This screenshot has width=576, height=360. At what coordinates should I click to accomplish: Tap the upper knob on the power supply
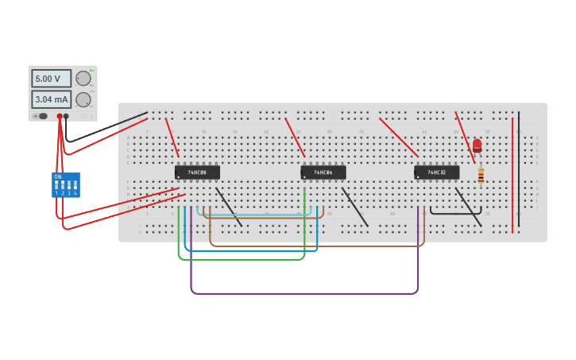click(x=83, y=78)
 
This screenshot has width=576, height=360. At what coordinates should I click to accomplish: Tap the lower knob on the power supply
click(x=83, y=99)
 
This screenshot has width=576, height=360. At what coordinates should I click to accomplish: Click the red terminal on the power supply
click(x=59, y=116)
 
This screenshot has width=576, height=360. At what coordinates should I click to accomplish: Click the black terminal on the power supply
click(x=66, y=116)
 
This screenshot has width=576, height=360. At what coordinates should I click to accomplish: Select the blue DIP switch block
click(x=66, y=184)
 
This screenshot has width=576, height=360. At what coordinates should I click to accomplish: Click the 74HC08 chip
click(x=197, y=172)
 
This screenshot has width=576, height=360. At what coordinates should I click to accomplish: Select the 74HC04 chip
click(x=323, y=172)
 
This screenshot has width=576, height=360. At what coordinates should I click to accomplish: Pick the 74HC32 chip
click(x=436, y=172)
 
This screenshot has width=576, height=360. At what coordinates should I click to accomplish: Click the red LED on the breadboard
click(x=477, y=145)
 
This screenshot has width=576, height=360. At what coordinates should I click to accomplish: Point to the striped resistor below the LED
click(x=481, y=176)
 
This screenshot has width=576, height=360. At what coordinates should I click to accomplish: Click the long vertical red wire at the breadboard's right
click(x=512, y=175)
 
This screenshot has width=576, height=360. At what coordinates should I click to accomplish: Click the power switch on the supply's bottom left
click(x=41, y=116)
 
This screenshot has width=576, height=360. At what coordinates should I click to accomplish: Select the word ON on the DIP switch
click(x=58, y=176)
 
